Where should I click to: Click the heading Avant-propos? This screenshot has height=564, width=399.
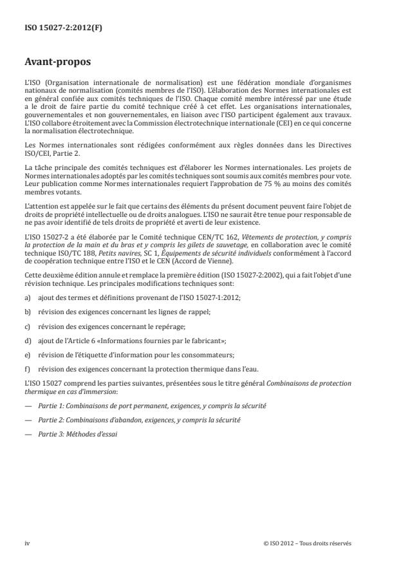click(57, 63)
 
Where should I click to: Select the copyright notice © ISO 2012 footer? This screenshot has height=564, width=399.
click(308, 543)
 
